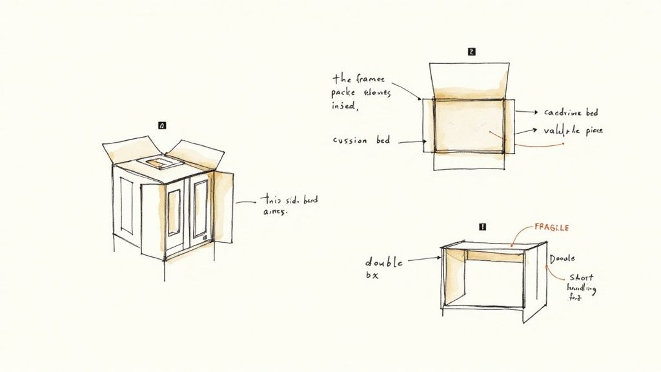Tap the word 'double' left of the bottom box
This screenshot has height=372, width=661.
[384, 262]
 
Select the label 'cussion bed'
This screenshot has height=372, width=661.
[361, 140]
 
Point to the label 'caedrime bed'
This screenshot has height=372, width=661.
[571, 112]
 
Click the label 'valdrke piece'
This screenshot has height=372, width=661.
[573, 130]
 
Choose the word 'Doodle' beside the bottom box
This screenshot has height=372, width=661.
[561, 258]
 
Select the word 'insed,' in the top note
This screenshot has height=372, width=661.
[344, 106]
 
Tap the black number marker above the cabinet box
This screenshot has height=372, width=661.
[161, 125]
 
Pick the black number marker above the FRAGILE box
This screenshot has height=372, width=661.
[482, 227]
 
